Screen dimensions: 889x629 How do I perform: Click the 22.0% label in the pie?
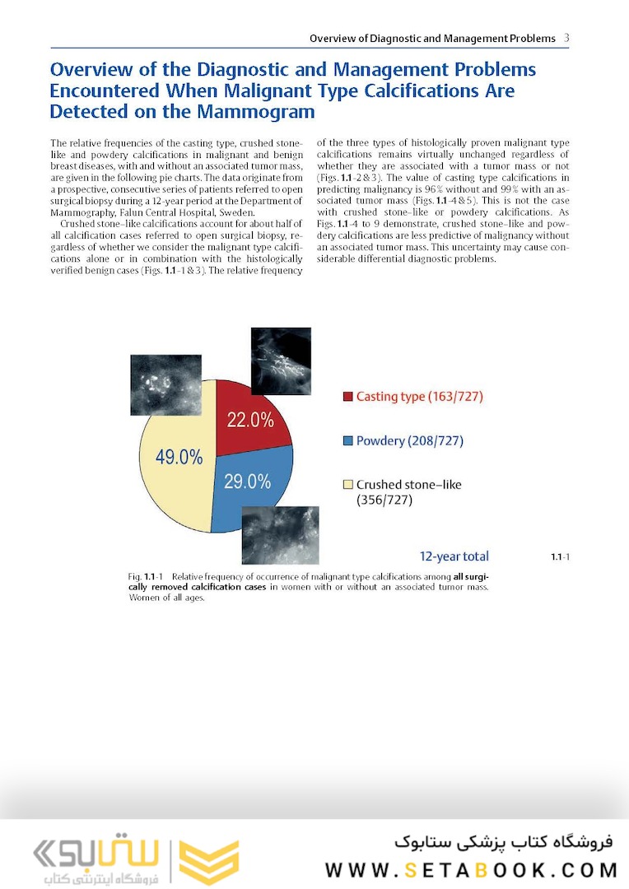pyautogui.click(x=250, y=420)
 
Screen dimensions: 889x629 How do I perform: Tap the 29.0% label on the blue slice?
pyautogui.click(x=247, y=482)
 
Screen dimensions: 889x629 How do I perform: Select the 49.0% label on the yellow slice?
pyautogui.click(x=179, y=458)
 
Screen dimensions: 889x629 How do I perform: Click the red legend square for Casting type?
pyautogui.click(x=347, y=397)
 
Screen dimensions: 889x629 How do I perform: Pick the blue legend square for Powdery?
pyautogui.click(x=347, y=441)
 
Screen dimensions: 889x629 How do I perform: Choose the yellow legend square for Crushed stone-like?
pyautogui.click(x=347, y=485)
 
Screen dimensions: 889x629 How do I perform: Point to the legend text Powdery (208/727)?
pyautogui.click(x=409, y=441)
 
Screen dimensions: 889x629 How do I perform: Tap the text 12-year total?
pyautogui.click(x=454, y=556)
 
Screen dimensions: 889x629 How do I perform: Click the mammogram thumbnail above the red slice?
pyautogui.click(x=280, y=361)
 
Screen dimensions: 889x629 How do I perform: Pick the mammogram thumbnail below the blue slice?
pyautogui.click(x=280, y=534)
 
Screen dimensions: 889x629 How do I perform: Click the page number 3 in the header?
pyautogui.click(x=566, y=38)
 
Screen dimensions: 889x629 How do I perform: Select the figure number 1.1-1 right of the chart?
pyautogui.click(x=560, y=557)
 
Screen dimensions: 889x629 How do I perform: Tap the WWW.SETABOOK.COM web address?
pyautogui.click(x=471, y=870)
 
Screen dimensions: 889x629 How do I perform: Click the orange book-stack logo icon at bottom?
pyautogui.click(x=209, y=861)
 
